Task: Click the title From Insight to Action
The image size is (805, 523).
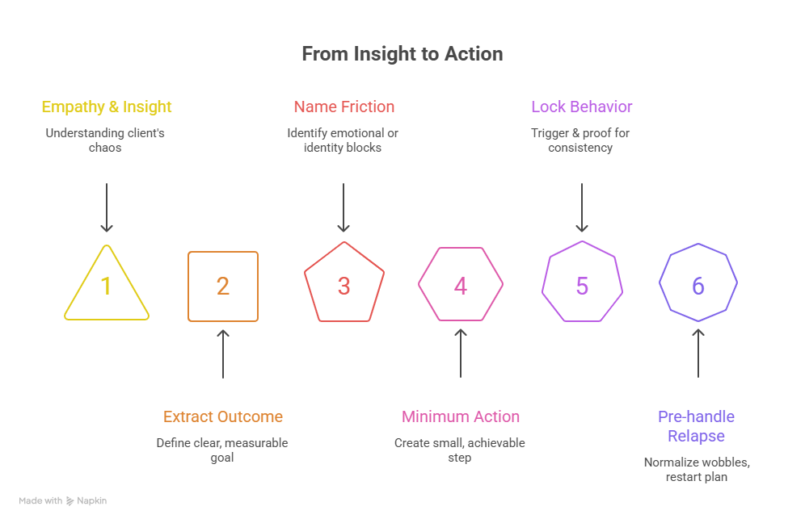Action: click(x=402, y=54)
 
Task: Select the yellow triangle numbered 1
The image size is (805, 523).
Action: click(x=106, y=287)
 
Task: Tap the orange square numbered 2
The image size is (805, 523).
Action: click(x=223, y=287)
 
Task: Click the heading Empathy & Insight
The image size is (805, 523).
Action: click(x=107, y=107)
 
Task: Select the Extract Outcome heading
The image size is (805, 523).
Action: click(x=223, y=417)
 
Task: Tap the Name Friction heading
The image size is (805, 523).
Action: click(x=344, y=107)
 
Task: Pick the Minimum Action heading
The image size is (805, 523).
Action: click(x=461, y=417)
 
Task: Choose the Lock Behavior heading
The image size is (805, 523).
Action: click(x=582, y=107)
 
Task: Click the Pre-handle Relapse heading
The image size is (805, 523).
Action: click(x=697, y=426)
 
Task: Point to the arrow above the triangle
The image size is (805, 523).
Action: click(x=106, y=207)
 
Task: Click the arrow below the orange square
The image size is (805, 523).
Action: click(x=223, y=354)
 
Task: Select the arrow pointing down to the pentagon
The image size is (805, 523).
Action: click(x=344, y=207)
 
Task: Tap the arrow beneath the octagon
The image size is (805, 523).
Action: click(x=698, y=354)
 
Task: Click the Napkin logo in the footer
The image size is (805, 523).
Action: click(x=86, y=501)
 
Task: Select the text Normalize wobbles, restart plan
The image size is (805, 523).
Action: click(x=697, y=470)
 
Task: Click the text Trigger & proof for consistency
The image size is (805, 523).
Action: click(x=582, y=140)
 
